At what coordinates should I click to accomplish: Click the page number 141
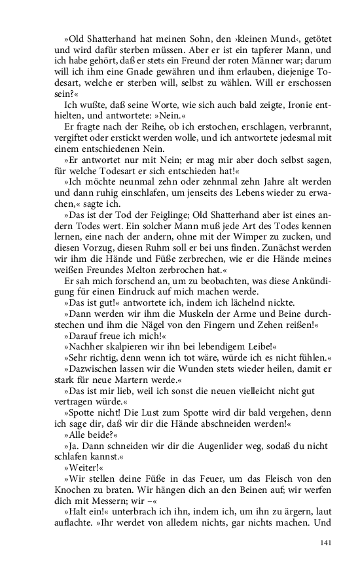(325, 543)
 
